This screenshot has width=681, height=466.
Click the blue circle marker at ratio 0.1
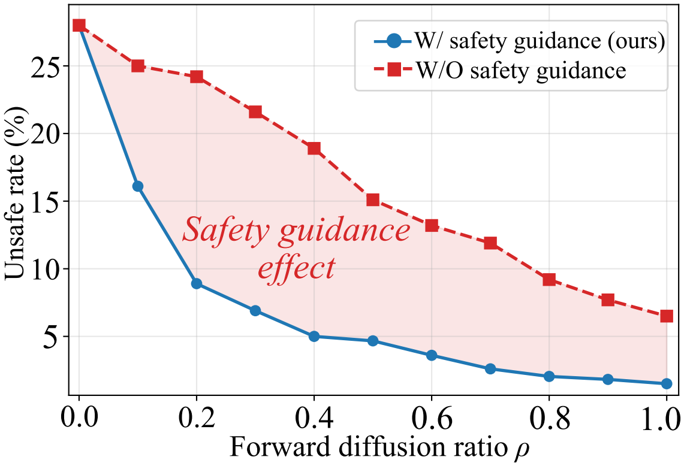point(138,186)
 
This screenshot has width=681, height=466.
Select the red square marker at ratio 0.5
point(373,199)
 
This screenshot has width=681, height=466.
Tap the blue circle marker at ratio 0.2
point(197,283)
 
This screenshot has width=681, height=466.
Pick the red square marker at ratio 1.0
point(667,316)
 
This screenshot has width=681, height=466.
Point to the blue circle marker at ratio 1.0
point(667,383)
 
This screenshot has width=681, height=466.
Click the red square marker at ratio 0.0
point(79,25)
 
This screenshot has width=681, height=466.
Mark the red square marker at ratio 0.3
point(255,112)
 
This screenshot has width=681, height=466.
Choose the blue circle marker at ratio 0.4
point(314,336)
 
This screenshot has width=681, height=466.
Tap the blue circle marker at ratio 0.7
point(490,368)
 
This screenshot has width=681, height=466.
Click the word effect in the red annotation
point(296,268)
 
